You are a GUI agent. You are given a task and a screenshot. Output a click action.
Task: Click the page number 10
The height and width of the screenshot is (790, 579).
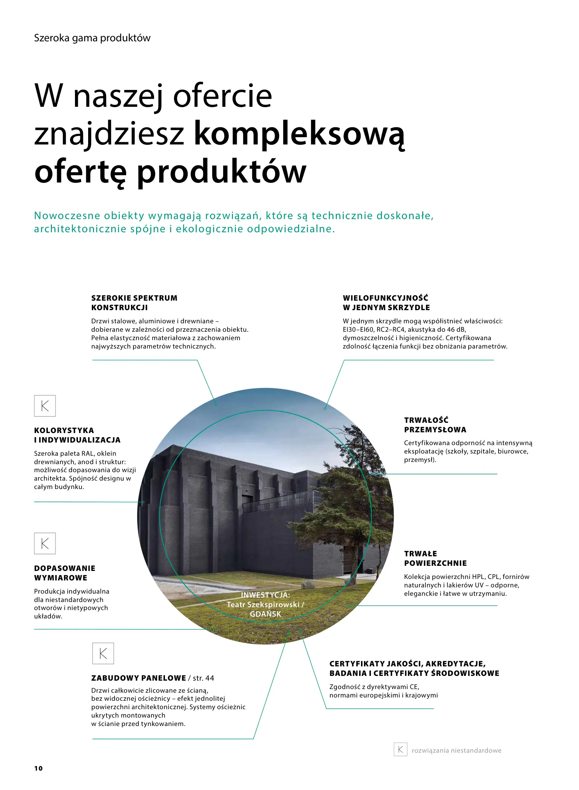tap(38, 768)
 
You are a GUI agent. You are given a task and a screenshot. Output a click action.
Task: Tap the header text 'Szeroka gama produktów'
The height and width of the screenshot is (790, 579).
tap(92, 38)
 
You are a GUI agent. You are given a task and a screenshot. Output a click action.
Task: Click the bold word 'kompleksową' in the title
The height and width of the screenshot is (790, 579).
tap(299, 134)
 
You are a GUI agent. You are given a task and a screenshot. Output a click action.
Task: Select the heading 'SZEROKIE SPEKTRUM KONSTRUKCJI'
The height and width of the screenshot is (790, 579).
tap(134, 303)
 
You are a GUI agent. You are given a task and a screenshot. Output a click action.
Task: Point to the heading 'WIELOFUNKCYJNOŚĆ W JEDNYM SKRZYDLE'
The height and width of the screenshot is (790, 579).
tap(386, 303)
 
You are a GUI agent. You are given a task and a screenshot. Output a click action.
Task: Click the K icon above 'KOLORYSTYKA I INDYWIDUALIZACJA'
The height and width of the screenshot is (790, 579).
tap(45, 406)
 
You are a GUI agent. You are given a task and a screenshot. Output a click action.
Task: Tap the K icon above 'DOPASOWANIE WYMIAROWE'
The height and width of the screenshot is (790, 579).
tap(45, 543)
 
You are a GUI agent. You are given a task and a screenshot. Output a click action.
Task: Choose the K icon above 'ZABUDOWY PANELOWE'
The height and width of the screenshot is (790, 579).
tap(103, 653)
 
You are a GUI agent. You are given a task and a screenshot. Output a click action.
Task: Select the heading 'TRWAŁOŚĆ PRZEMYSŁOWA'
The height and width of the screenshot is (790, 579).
tap(435, 425)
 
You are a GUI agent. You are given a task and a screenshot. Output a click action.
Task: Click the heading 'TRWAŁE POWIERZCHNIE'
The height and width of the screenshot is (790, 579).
tap(435, 558)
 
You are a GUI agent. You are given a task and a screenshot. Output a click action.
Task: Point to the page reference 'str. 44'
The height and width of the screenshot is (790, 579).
tap(203, 678)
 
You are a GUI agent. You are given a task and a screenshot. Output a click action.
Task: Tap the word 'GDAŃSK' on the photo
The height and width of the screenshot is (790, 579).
tap(266, 614)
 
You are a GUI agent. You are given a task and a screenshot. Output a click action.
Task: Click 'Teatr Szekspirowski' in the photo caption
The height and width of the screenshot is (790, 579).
tap(263, 605)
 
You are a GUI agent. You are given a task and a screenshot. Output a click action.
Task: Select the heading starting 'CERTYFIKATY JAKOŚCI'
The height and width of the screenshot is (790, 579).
tap(414, 669)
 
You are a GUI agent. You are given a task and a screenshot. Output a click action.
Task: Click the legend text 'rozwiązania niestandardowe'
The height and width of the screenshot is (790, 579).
tap(456, 750)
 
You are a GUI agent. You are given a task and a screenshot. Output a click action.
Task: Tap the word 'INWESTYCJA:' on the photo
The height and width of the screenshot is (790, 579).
tap(265, 595)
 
